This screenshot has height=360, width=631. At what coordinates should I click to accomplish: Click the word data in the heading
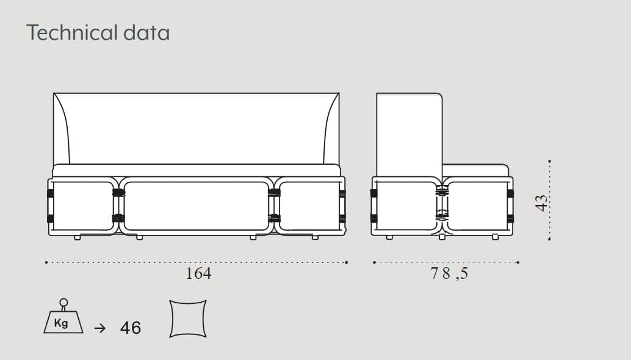tap(146, 32)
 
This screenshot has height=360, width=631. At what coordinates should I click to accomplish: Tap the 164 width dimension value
tap(198, 273)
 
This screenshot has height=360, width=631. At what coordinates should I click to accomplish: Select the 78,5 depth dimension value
tap(449, 273)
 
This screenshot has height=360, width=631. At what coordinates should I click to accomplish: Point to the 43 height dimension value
tap(542, 203)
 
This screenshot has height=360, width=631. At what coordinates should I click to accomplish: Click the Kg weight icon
tap(63, 316)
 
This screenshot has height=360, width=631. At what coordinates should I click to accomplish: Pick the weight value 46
tap(131, 328)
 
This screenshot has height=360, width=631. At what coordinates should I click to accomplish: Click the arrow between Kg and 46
tap(100, 328)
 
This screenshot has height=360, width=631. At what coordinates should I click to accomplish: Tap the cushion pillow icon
tap(188, 319)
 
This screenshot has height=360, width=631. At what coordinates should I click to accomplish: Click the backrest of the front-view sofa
tap(197, 128)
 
